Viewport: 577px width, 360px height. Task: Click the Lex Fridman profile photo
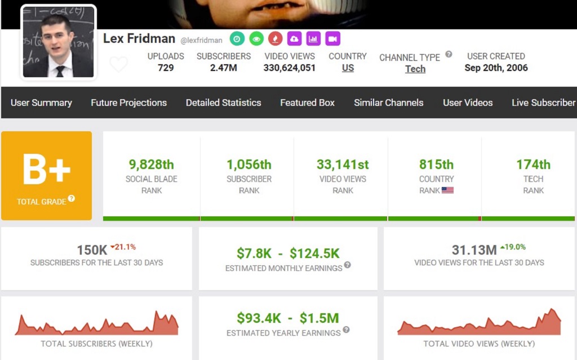58,42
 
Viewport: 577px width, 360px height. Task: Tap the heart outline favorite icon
118,65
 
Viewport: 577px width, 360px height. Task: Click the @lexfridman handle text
201,40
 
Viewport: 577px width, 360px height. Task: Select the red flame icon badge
275,39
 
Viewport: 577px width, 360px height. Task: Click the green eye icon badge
256,39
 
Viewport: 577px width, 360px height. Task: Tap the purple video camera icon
332,39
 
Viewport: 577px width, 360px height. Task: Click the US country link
348,68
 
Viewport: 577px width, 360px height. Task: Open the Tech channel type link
415,69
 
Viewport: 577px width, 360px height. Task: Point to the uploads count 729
166,68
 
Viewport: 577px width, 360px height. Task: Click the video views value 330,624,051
290,68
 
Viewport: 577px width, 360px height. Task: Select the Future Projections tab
128,103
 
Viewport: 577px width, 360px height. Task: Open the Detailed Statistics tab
223,103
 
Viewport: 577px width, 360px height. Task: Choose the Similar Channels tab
388,103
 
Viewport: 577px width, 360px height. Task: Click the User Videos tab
468,103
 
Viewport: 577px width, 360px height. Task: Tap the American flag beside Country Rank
447,190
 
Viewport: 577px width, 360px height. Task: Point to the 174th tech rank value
533,165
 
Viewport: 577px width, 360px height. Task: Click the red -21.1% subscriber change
123,247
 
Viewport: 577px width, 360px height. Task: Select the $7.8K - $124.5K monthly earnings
288,254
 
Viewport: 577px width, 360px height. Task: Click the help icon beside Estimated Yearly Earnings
346,330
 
